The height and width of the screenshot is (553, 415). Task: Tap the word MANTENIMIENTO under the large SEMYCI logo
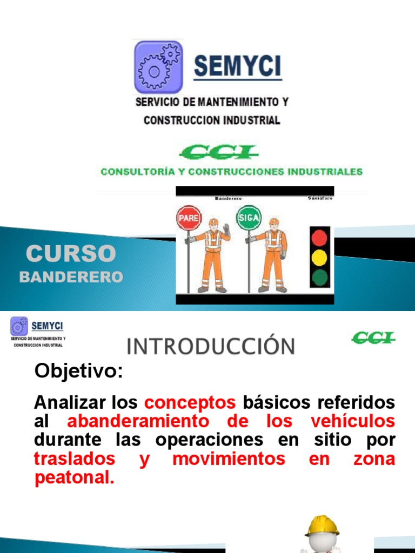click(x=238, y=102)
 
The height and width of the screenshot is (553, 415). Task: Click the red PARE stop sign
click(x=189, y=219)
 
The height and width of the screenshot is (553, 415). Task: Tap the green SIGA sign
click(x=249, y=218)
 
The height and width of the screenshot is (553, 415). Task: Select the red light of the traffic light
click(x=320, y=238)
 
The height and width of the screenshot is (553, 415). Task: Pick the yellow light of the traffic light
click(x=320, y=257)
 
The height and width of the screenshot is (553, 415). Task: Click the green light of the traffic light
click(x=320, y=277)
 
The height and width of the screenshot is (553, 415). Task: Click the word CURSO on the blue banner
click(x=71, y=253)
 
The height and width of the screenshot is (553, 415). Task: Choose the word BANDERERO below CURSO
click(x=71, y=277)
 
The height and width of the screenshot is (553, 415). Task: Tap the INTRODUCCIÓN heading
click(x=211, y=346)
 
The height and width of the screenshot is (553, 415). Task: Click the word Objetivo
click(x=79, y=372)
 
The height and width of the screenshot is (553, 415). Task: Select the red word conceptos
click(x=190, y=402)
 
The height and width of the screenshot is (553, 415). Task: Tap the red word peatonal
click(x=75, y=478)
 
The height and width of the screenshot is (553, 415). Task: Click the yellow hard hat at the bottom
click(x=322, y=525)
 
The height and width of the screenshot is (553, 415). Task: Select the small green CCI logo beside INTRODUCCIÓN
click(x=373, y=339)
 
